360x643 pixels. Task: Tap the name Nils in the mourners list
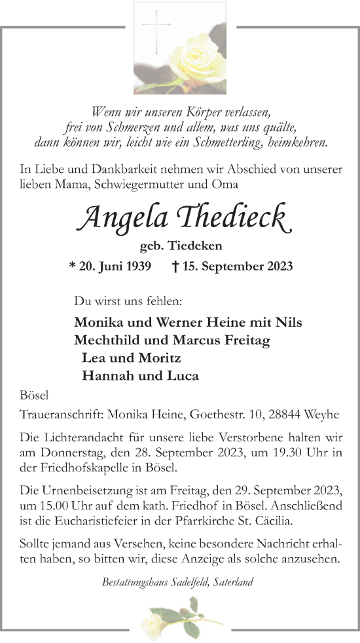(289, 322)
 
